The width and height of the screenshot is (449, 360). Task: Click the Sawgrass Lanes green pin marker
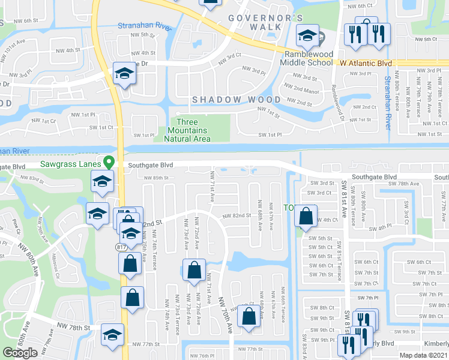pyautogui.click(x=109, y=163)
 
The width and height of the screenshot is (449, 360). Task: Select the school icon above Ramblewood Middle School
pyautogui.click(x=307, y=36)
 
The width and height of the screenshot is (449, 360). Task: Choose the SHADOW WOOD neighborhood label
pyautogui.click(x=236, y=99)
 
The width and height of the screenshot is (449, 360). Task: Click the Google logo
pyautogui.click(x=20, y=353)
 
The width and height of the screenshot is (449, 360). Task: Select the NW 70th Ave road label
pyautogui.click(x=226, y=315)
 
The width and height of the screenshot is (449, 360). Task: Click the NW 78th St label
pyautogui.click(x=73, y=328)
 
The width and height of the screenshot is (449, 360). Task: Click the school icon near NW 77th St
pyautogui.click(x=112, y=335)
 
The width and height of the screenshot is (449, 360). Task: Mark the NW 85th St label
pyautogui.click(x=156, y=178)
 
